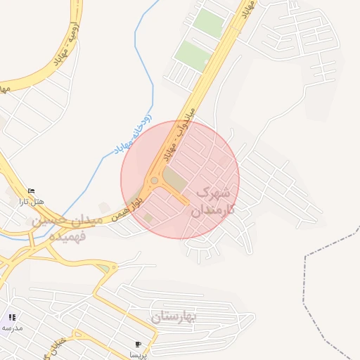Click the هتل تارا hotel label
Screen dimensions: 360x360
pos(31,201)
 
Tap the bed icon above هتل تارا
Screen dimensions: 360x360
pos(31,191)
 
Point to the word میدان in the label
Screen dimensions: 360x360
pos(89,220)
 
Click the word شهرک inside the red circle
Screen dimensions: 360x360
pos(213,191)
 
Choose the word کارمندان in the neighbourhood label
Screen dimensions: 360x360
pos(212,209)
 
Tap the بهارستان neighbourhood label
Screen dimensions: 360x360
pos(174,318)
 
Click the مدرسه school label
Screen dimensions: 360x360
pos(12,328)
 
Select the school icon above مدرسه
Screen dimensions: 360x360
pos(12,318)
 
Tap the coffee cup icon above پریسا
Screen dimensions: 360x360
pos(138,345)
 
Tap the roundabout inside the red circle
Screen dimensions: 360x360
pos(154,181)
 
